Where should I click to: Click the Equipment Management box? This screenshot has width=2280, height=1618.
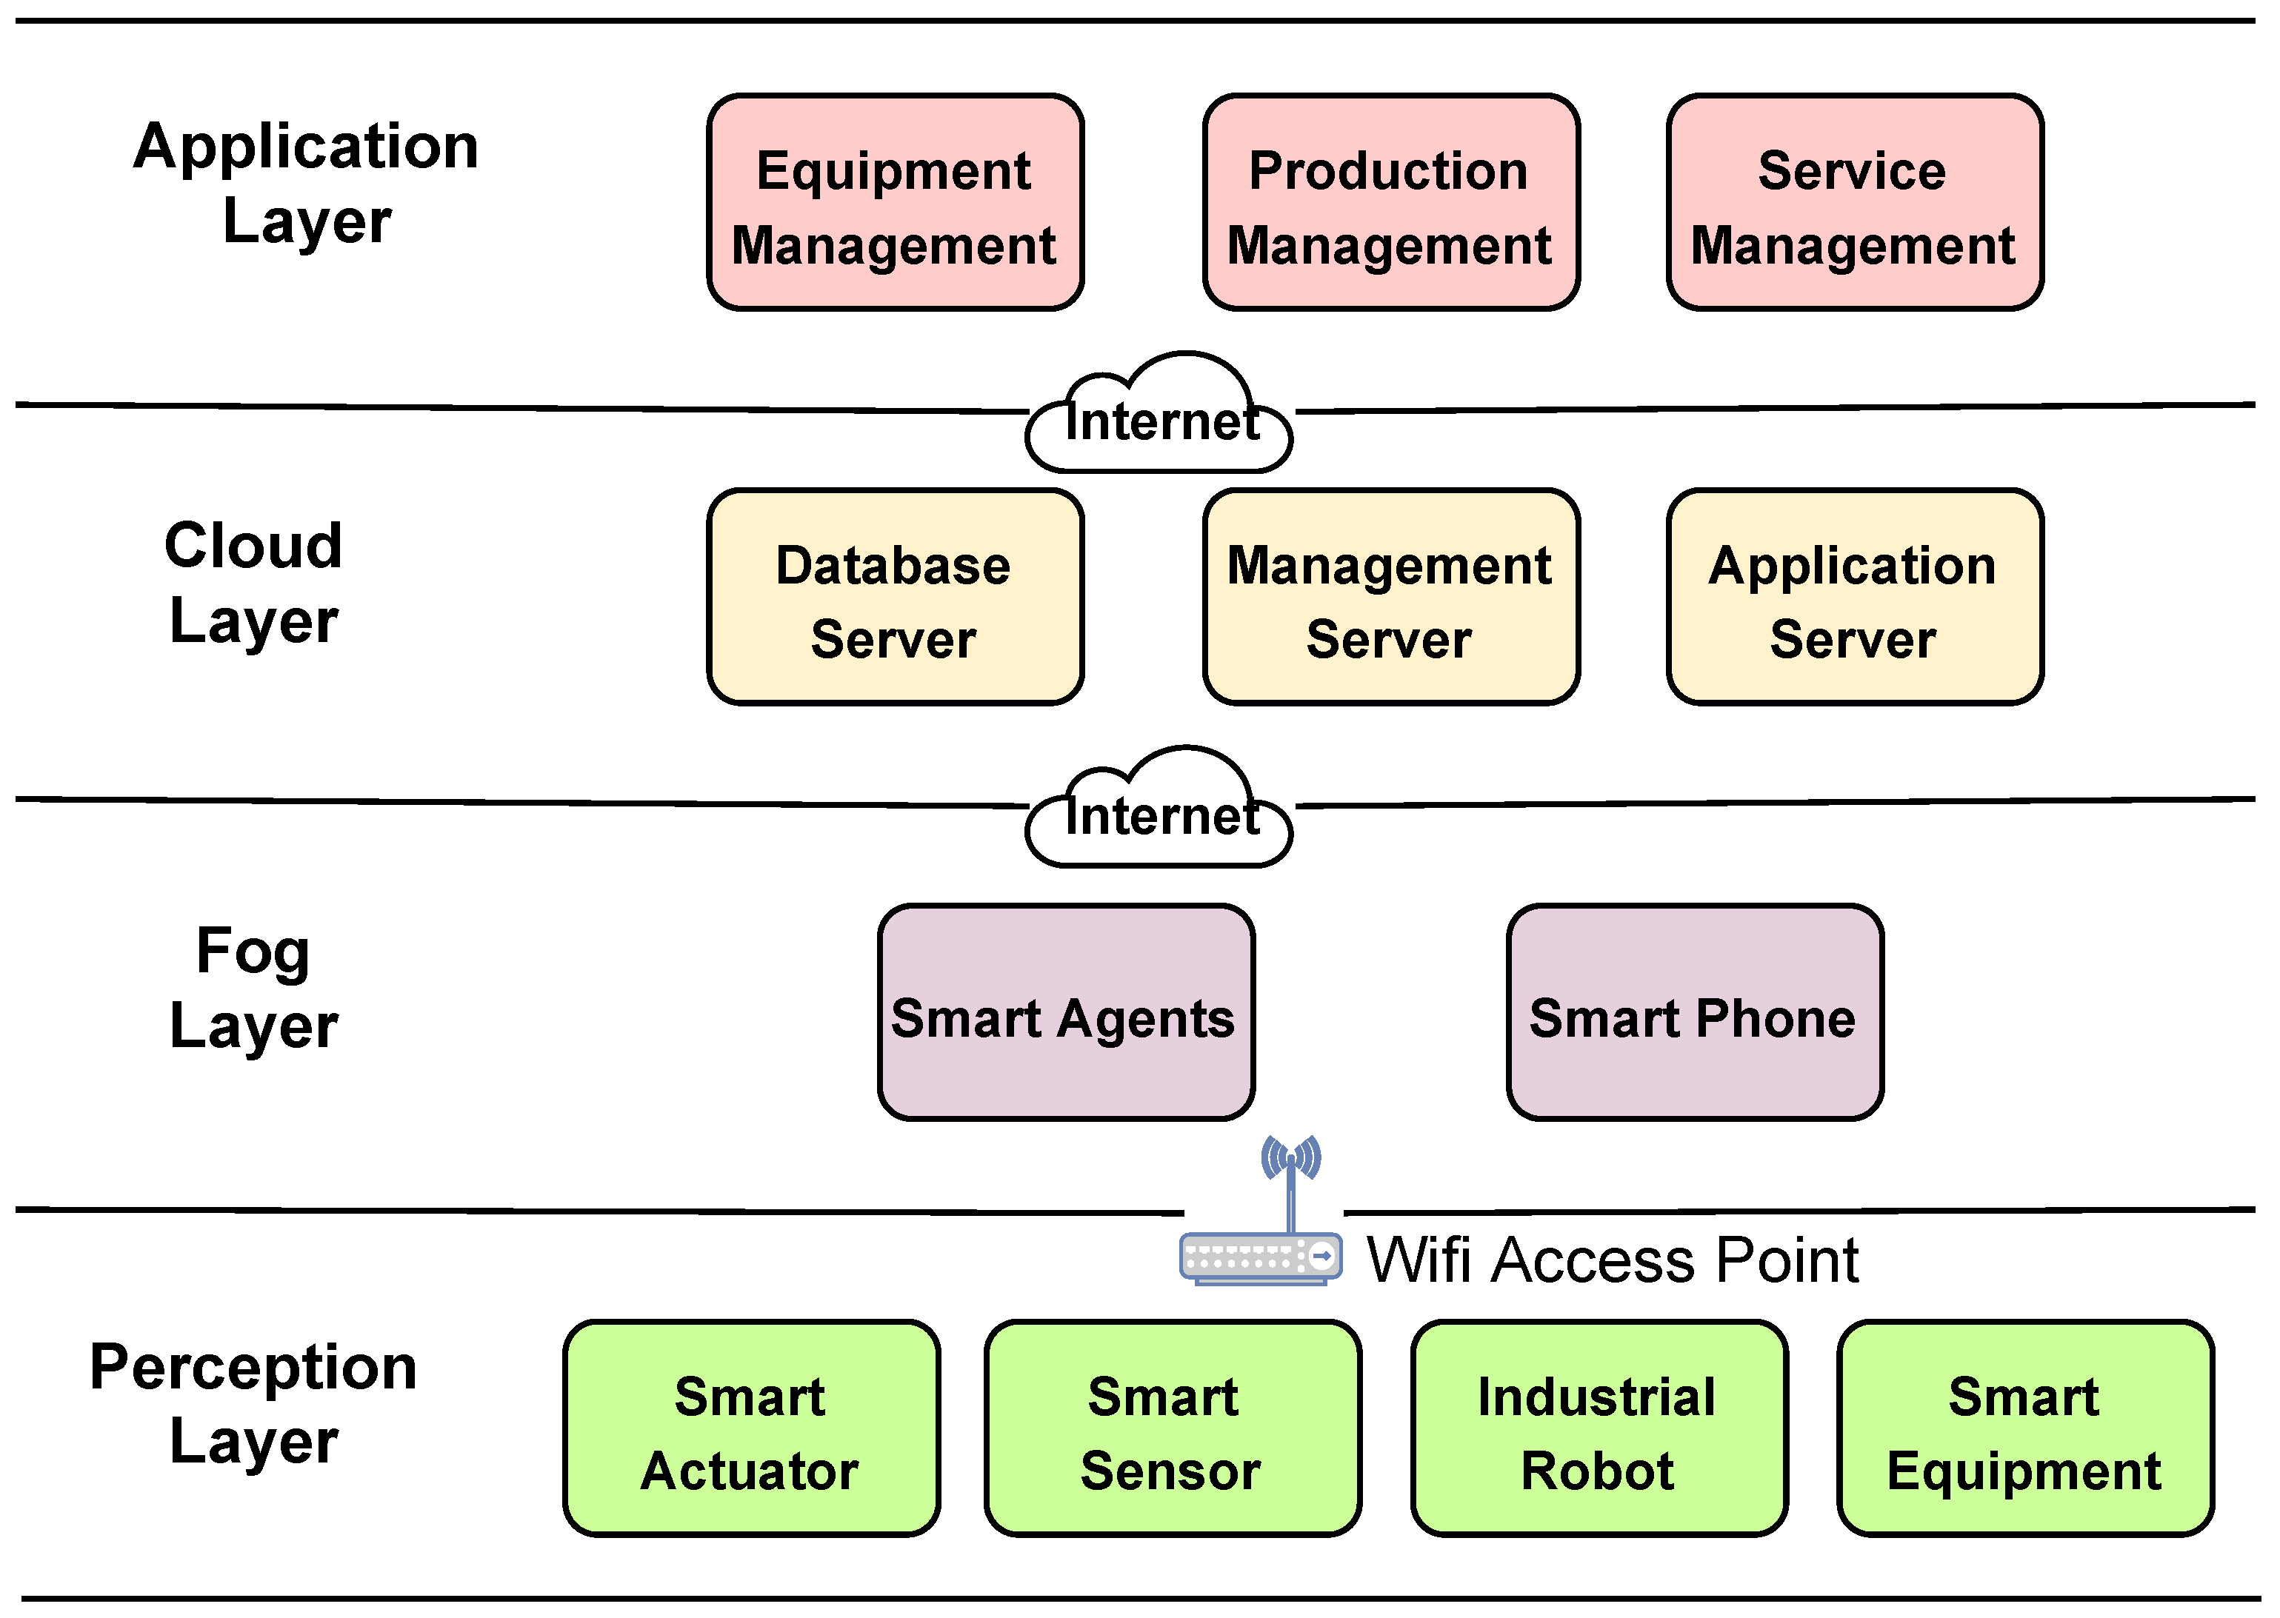[894, 203]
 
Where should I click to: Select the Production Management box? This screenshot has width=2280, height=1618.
[1390, 203]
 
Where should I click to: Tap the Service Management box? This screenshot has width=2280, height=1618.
[1855, 203]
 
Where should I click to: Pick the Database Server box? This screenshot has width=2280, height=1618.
[894, 598]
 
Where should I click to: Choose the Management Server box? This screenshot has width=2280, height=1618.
[1390, 598]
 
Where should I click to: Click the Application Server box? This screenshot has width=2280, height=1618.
[1855, 598]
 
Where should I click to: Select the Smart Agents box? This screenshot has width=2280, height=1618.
[1065, 1013]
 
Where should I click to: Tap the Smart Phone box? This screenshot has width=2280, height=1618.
[1694, 1013]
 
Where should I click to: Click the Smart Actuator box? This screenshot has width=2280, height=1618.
[750, 1428]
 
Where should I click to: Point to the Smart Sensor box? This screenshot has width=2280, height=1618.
[1172, 1428]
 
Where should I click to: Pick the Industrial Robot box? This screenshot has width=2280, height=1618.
[1599, 1428]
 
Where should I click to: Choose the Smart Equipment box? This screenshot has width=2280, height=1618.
[2025, 1428]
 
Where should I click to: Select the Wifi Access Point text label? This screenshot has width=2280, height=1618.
[1611, 1260]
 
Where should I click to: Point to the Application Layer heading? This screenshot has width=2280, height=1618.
[307, 182]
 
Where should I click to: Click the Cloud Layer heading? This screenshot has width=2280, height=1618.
[254, 583]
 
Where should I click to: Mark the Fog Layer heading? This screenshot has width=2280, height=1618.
[254, 987]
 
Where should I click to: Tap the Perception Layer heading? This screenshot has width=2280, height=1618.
[254, 1403]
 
